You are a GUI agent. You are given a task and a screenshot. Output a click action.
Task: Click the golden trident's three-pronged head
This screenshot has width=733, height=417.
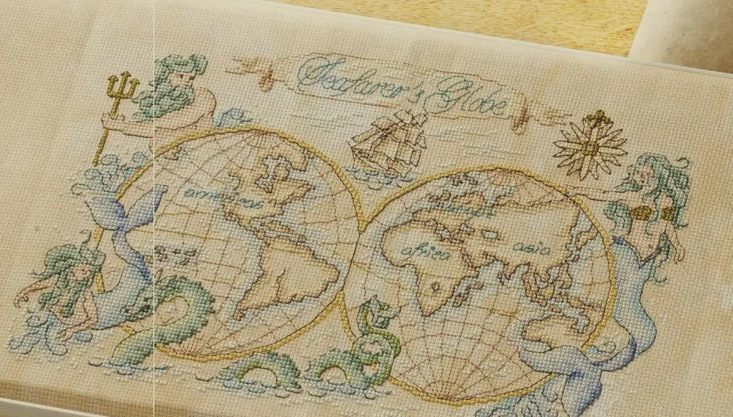pyautogui.click(x=123, y=87)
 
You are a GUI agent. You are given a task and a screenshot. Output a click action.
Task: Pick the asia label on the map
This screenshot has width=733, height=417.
pyautogui.click(x=530, y=248)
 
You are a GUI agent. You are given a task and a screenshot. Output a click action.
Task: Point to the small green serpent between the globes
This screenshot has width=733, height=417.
pyautogui.click(x=371, y=327)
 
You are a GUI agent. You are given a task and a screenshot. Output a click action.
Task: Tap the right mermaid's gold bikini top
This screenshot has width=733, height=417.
pyautogui.click(x=651, y=214)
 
